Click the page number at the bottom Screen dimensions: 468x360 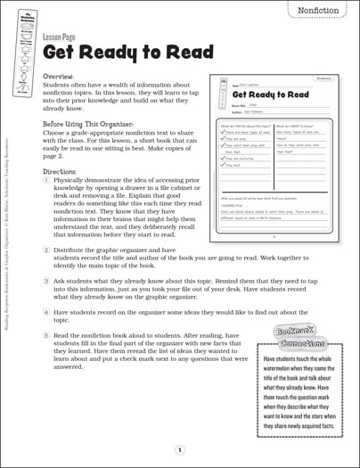(x=180, y=450)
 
